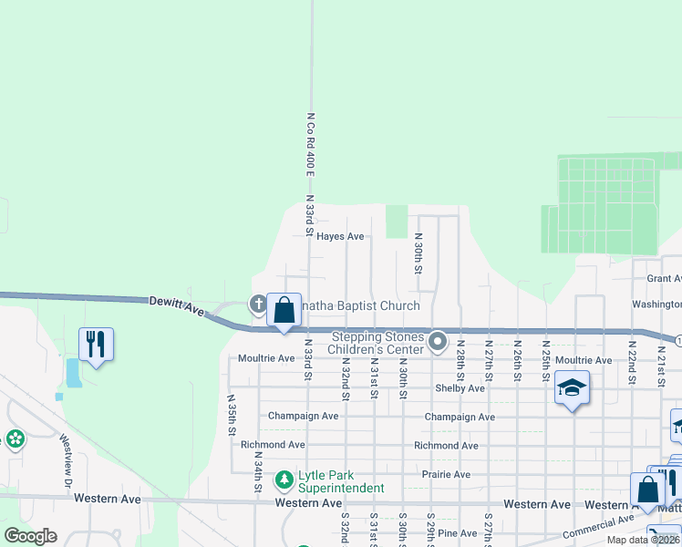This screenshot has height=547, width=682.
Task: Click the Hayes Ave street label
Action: click(340, 237)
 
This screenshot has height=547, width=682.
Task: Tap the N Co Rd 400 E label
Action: click(311, 145)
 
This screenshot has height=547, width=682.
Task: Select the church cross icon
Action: click(258, 304)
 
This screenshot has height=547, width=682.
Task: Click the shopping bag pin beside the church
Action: click(284, 310)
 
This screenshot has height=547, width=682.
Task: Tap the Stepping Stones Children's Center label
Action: click(377, 343)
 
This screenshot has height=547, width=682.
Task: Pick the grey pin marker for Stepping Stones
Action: click(438, 343)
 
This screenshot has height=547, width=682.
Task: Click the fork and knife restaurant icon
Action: click(96, 345)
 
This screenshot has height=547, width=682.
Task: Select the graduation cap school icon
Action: click(572, 388)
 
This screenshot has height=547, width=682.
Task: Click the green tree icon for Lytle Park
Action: click(284, 478)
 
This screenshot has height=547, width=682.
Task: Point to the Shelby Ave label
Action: click(460, 388)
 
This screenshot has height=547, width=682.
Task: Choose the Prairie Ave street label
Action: click(446, 475)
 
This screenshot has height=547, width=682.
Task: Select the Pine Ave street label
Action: click(458, 533)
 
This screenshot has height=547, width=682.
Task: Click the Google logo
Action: click(30, 536)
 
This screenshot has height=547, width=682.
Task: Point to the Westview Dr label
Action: click(66, 461)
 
